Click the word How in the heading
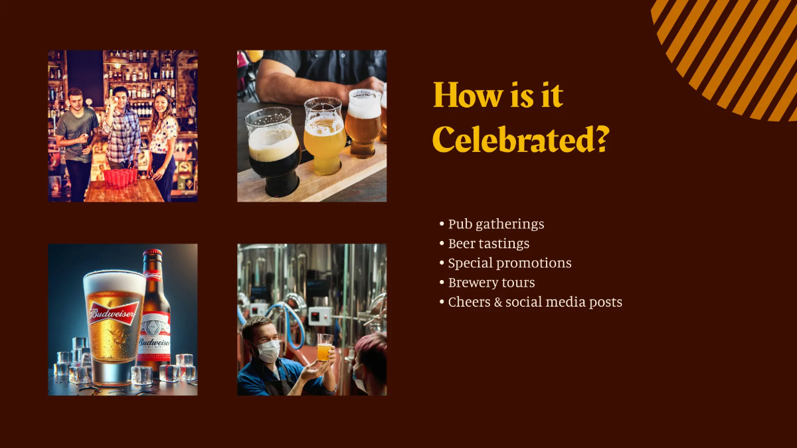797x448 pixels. (462, 96)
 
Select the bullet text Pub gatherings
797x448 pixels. (496, 224)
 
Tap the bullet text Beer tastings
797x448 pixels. (489, 244)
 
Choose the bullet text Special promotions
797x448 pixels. (509, 263)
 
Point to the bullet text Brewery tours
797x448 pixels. (491, 282)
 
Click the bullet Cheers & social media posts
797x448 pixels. (535, 302)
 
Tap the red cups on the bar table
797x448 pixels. (120, 177)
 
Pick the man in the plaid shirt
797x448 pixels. (121, 133)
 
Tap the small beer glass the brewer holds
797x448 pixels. (324, 348)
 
